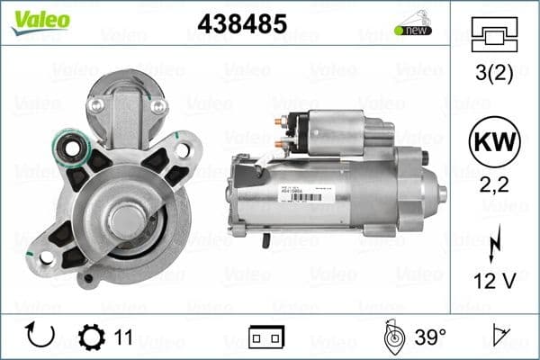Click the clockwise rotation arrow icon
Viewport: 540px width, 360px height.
point(41,337)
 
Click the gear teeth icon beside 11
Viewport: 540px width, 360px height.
point(91,337)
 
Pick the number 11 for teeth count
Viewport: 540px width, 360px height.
point(123,337)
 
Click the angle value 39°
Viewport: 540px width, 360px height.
point(430,337)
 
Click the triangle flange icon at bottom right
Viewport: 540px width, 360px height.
point(502,337)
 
